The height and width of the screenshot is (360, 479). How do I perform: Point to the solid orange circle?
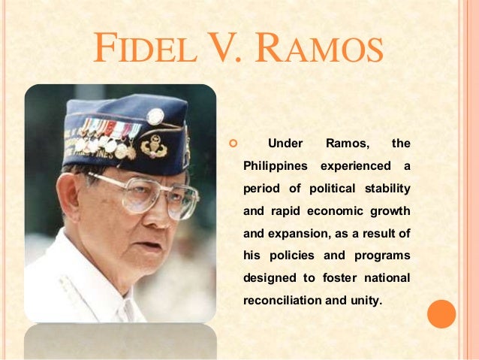pos(441,314)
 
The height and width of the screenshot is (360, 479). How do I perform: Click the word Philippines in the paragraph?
pos(276,165)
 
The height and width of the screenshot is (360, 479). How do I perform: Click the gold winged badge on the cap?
pos(153,144)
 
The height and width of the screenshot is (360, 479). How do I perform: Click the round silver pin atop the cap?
pos(155,116)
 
